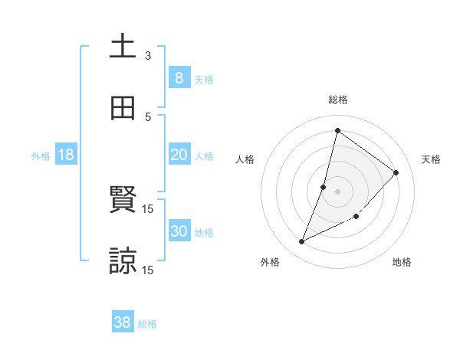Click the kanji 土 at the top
[x=123, y=46]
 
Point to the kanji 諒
[x=123, y=260]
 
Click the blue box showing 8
[x=179, y=77]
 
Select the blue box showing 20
[x=179, y=155]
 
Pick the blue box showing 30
[x=179, y=231]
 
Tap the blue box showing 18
[x=66, y=155]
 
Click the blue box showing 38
[x=123, y=322]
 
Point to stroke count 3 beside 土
[x=148, y=56]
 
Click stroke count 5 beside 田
[x=148, y=117]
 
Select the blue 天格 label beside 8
[x=204, y=79]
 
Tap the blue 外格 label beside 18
[x=41, y=156]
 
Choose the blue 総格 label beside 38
[x=147, y=324]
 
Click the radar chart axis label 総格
[x=338, y=100]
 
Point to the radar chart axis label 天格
[x=431, y=159]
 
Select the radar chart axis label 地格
[x=402, y=262]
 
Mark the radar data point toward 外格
[x=302, y=242]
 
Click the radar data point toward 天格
[x=396, y=172]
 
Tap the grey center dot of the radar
[x=338, y=191]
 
